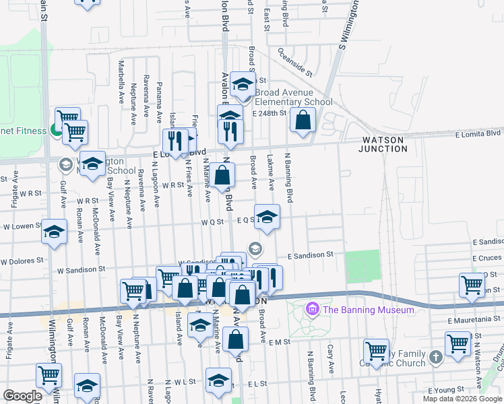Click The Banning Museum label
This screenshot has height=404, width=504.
(368, 310)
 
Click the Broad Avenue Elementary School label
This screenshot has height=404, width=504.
(294, 97)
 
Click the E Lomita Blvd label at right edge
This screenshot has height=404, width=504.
(479, 135)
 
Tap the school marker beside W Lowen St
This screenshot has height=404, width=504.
(54, 232)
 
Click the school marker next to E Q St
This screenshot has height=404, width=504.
(267, 217)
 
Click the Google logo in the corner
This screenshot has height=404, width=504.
(22, 396)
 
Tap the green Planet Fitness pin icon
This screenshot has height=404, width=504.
(58, 130)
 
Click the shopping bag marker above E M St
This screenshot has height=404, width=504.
(237, 339)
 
